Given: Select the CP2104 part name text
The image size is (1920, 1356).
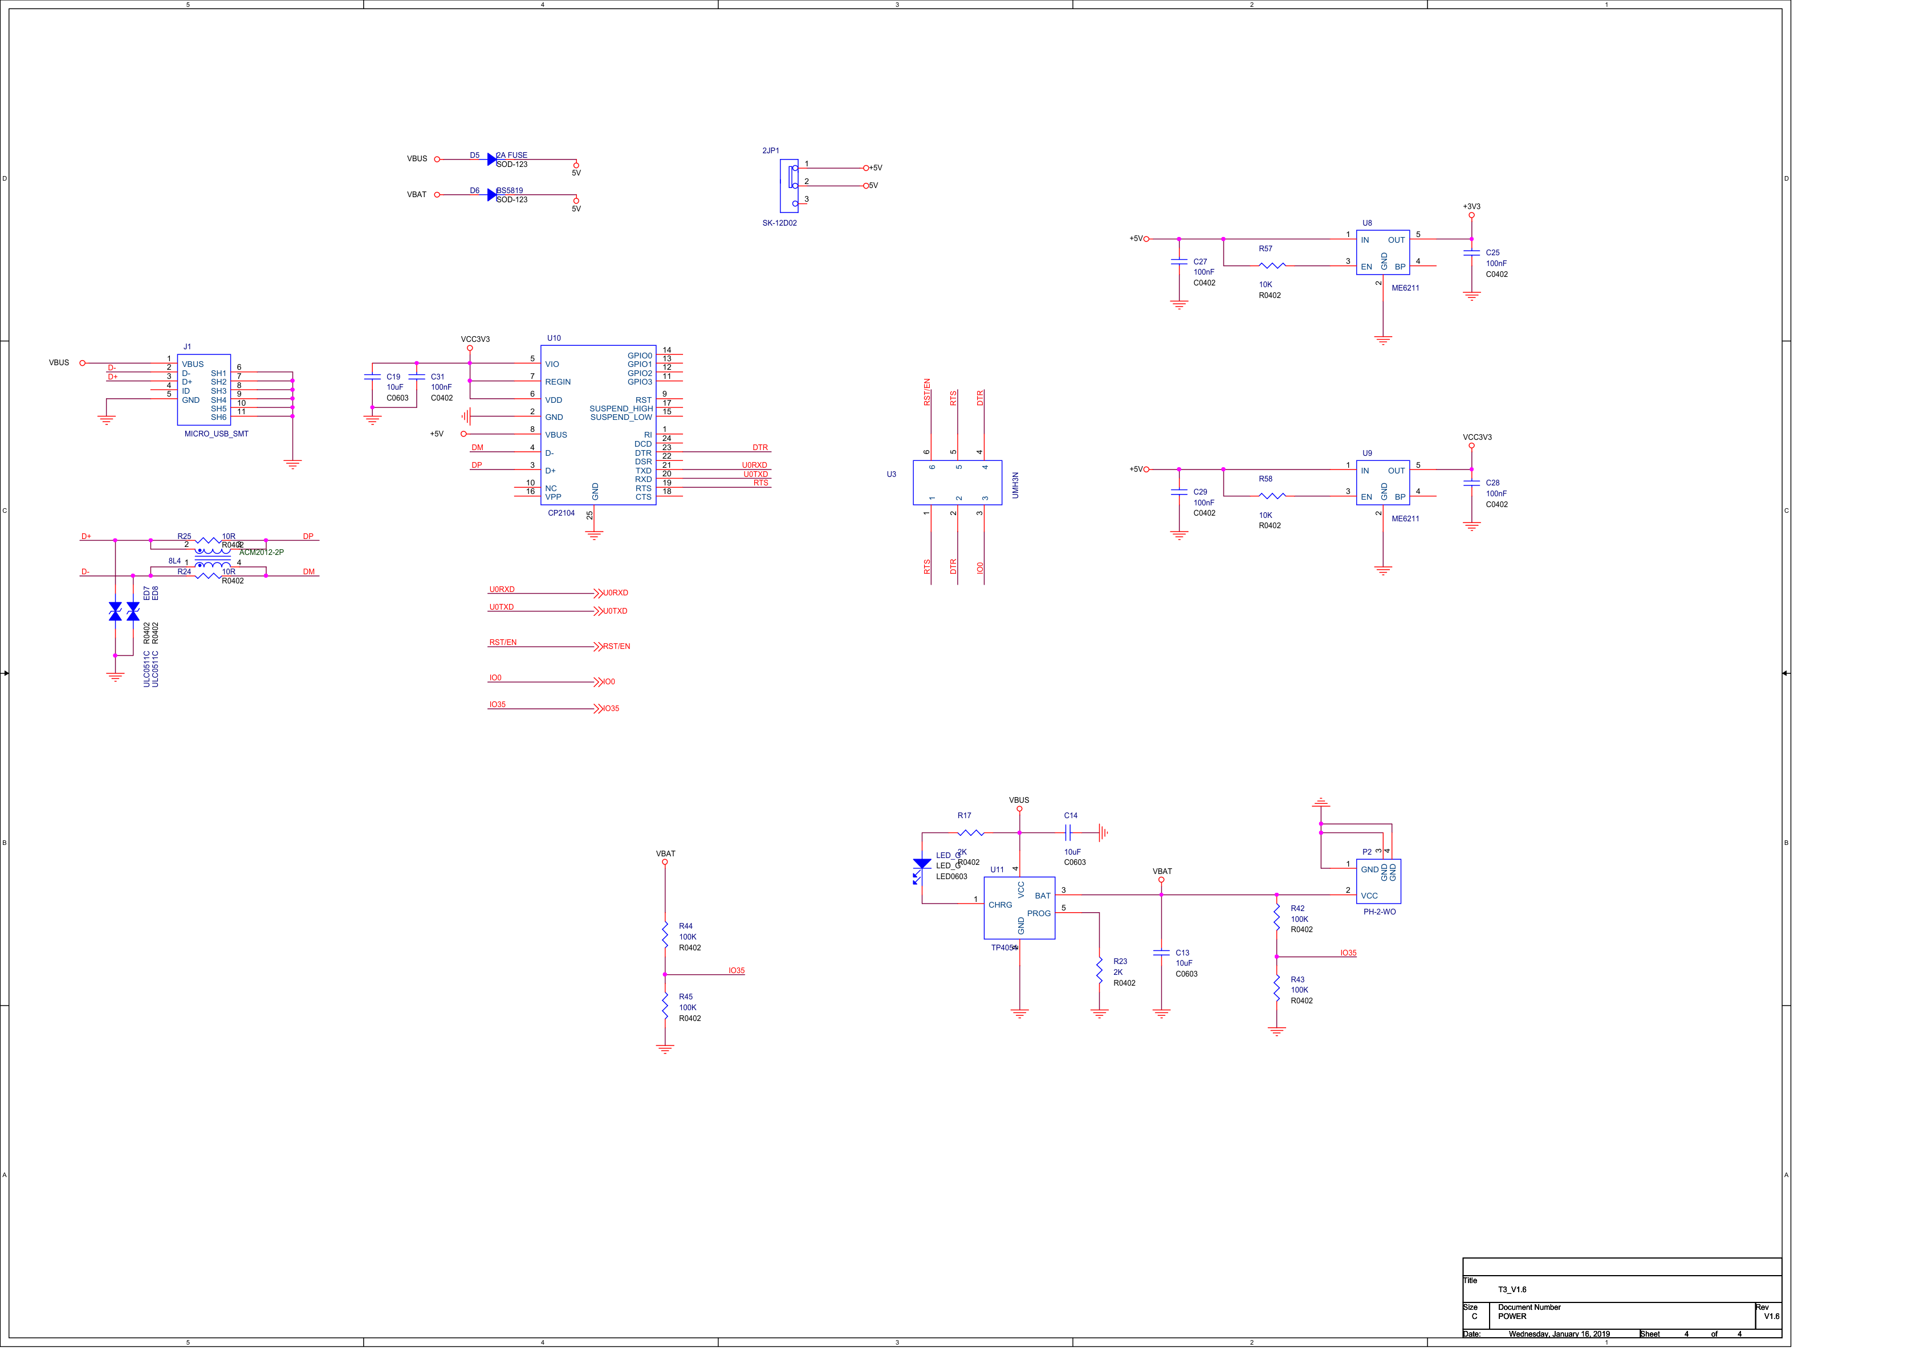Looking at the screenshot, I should pyautogui.click(x=561, y=513).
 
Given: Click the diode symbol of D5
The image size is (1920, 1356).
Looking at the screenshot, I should pyautogui.click(x=492, y=159).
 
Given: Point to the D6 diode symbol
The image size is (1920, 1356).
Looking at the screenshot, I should pyautogui.click(x=492, y=195).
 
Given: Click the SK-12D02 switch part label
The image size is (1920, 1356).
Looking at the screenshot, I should pyautogui.click(x=779, y=223).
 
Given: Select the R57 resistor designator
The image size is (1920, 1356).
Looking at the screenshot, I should pyautogui.click(x=1265, y=248).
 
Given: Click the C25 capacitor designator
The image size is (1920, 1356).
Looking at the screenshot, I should pyautogui.click(x=1492, y=252).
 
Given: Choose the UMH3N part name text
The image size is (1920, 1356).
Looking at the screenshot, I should pyautogui.click(x=1015, y=485).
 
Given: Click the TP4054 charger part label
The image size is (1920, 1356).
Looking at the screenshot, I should pyautogui.click(x=1003, y=947).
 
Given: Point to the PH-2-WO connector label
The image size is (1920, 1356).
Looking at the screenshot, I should pyautogui.click(x=1379, y=911).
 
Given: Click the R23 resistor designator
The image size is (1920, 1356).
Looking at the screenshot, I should pyautogui.click(x=1120, y=961).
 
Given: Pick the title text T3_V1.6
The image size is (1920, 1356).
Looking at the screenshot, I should pyautogui.click(x=1512, y=1289).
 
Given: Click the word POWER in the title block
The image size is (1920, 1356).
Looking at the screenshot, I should pyautogui.click(x=1512, y=1316).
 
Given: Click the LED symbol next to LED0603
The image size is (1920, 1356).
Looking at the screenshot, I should pyautogui.click(x=922, y=865).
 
